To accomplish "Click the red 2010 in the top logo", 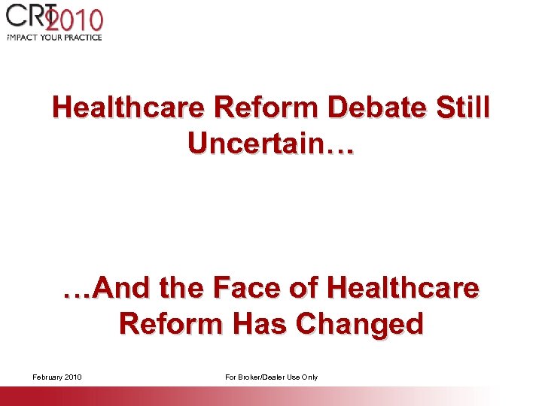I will (x=75, y=20).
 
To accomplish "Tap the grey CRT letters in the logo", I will (x=27, y=17).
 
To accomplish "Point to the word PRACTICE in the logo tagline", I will (x=79, y=37).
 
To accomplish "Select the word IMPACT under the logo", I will (x=21, y=37).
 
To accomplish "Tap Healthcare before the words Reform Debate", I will (x=128, y=108).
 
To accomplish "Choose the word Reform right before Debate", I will (x=257, y=108).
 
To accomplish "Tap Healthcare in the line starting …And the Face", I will (x=403, y=288).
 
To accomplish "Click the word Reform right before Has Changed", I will (x=171, y=324).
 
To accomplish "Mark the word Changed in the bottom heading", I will (x=360, y=324).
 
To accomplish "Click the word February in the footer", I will (x=47, y=377).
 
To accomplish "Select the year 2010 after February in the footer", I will (x=73, y=377).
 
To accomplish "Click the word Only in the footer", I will (x=309, y=377).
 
